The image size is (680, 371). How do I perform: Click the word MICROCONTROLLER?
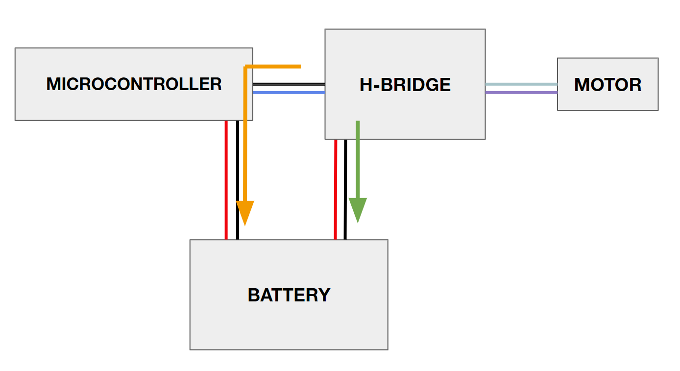(x=134, y=84)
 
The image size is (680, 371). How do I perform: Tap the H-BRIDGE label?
(x=405, y=85)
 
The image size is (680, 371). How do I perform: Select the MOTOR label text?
(x=607, y=85)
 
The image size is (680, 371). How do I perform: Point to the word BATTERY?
(x=289, y=295)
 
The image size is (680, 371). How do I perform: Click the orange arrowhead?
(x=245, y=212)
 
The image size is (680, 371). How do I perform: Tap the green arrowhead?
(x=358, y=210)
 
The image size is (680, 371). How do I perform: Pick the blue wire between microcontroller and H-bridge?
(x=289, y=92)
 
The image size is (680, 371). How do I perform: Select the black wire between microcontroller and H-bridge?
(x=289, y=84)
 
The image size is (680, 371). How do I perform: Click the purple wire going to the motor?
(x=521, y=92)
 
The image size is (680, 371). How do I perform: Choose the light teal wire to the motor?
(x=521, y=84)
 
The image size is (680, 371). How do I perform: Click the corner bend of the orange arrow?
(x=246, y=67)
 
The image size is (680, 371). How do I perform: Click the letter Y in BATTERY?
(x=324, y=295)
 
